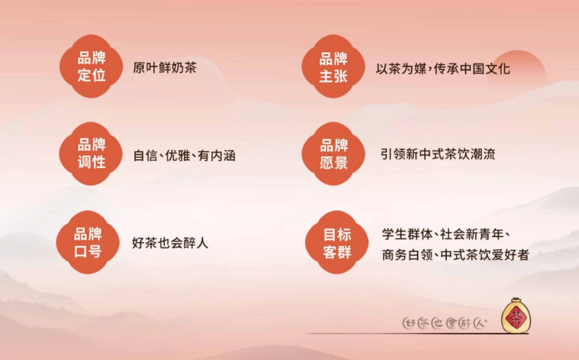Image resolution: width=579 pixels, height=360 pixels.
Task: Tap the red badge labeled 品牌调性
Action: (92, 153)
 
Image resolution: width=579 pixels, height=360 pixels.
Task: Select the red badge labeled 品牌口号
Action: (88, 242)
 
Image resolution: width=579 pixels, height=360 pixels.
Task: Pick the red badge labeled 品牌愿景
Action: (334, 153)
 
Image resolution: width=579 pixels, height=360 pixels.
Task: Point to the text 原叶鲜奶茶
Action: (165, 68)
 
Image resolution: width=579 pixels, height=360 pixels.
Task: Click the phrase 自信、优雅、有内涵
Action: (184, 156)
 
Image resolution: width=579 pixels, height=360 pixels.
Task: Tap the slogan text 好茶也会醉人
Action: (170, 243)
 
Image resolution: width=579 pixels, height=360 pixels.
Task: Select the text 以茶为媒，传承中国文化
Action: (442, 69)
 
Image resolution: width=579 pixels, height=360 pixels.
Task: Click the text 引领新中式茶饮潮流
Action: (438, 154)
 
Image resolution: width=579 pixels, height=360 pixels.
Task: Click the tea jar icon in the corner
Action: (515, 316)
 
